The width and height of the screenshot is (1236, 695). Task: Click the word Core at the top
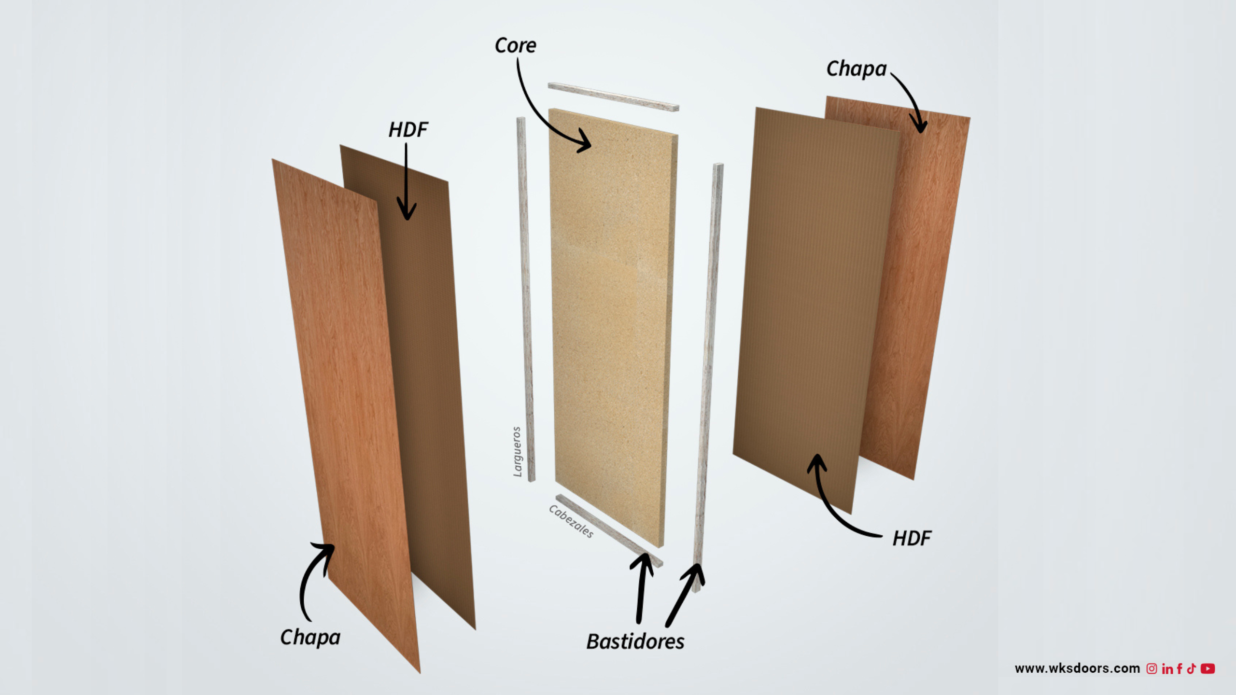(515, 45)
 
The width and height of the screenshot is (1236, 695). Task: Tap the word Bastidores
(635, 641)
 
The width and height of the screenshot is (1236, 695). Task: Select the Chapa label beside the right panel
(857, 69)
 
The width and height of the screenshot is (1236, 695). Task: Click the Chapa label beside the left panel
(310, 638)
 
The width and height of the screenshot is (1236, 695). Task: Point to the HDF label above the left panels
(408, 130)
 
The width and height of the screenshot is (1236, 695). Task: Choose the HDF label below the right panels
(912, 539)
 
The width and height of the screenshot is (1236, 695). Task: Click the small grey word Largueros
(517, 452)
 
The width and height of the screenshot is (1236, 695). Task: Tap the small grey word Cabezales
(571, 521)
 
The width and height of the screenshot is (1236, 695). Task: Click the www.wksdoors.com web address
(1077, 668)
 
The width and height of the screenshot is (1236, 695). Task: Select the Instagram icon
(1152, 668)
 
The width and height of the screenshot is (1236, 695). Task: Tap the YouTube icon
(1208, 668)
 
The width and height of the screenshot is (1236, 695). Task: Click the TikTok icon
(1191, 668)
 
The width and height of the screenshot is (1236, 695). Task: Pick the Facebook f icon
(1180, 668)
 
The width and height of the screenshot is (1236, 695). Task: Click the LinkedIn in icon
(1167, 669)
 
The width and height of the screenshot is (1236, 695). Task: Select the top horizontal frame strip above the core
(614, 97)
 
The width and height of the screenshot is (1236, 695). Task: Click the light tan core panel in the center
(613, 328)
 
